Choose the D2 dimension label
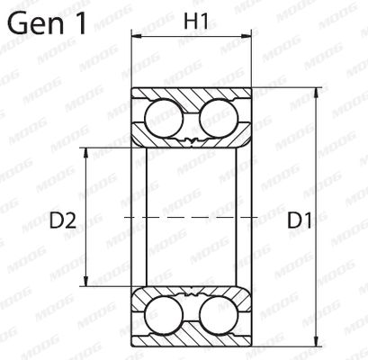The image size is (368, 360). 59,218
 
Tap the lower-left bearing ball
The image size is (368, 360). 163,319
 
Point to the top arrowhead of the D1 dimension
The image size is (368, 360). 318,93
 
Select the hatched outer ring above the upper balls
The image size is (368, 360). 190,94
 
